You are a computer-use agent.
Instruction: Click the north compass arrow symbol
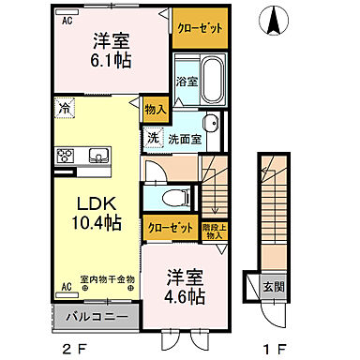click(274, 20)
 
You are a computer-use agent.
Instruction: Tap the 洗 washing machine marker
click(153, 139)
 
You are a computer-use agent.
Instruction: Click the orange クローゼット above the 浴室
click(199, 28)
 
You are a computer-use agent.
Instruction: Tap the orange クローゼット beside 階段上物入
click(170, 227)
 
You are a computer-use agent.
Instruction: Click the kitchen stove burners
click(66, 157)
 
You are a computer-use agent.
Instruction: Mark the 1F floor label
click(272, 349)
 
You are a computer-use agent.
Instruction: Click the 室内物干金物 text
click(107, 278)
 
